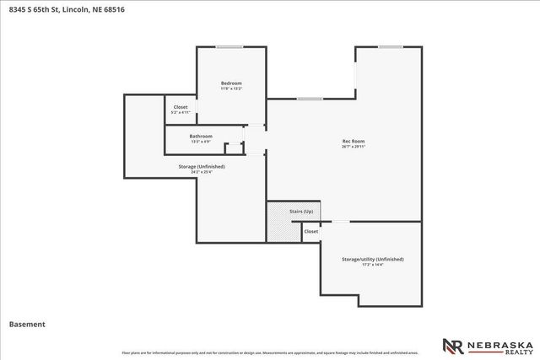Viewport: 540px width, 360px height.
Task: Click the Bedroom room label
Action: point(231,83)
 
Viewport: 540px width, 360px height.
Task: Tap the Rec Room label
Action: point(353,141)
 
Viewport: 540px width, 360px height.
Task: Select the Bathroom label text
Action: point(201,136)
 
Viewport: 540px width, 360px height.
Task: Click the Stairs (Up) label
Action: point(301,211)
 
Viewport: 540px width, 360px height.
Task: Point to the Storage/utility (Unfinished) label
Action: point(372,259)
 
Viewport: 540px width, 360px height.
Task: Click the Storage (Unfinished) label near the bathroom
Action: point(202,167)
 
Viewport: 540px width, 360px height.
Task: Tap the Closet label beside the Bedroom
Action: point(181,107)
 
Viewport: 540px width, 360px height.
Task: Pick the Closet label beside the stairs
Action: point(310,231)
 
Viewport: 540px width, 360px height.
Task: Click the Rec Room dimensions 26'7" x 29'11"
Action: point(353,147)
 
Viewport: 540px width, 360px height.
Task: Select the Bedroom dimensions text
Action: point(231,89)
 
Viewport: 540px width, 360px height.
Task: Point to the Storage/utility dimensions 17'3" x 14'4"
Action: point(372,265)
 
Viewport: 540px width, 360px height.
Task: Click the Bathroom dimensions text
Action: point(201,142)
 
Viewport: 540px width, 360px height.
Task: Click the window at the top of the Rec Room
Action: point(390,47)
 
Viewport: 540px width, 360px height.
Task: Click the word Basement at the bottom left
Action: point(27,324)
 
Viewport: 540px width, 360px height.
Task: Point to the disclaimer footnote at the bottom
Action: point(270,352)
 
